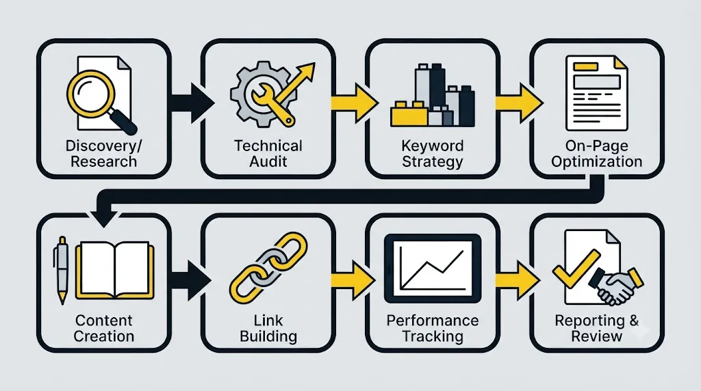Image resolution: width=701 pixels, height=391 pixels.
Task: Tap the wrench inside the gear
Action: coord(272,103)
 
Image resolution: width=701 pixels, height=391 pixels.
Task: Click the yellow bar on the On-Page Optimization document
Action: coord(586,67)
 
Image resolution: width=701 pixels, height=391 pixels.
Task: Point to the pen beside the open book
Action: coord(62,270)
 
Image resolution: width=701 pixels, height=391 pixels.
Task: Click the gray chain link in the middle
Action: coord(268,267)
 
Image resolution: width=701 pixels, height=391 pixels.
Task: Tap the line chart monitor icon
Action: coord(433,268)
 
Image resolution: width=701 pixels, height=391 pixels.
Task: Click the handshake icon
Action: coord(617,286)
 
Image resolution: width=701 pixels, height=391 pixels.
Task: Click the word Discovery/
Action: coord(103,146)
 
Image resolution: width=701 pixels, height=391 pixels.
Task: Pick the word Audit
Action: coord(268,161)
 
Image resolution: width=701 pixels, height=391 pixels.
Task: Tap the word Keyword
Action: coord(433,146)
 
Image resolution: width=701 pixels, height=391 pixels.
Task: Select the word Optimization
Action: coord(597,161)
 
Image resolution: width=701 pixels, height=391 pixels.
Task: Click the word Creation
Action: coord(104,336)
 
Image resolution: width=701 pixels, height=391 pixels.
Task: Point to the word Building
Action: coord(268,336)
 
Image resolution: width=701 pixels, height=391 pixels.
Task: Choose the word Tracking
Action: coord(433,336)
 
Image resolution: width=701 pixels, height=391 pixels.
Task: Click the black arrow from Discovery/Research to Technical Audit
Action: coord(192,103)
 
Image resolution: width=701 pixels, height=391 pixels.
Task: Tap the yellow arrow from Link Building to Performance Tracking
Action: coord(353,280)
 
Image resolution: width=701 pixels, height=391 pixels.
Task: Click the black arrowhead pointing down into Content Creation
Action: coord(103,218)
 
